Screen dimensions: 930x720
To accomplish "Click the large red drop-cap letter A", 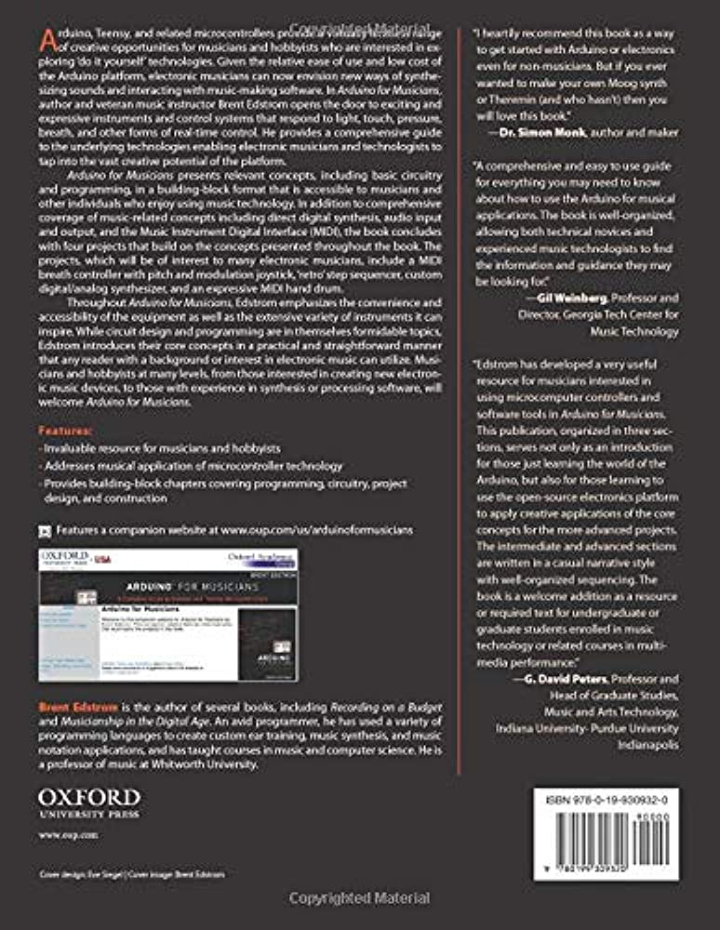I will (x=47, y=41).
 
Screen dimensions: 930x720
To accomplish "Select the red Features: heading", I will (x=65, y=432).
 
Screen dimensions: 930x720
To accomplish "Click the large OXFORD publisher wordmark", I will (x=89, y=798).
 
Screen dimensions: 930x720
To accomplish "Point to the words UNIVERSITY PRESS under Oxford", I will (x=89, y=815).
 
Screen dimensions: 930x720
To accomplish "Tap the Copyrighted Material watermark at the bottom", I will (x=359, y=898).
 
